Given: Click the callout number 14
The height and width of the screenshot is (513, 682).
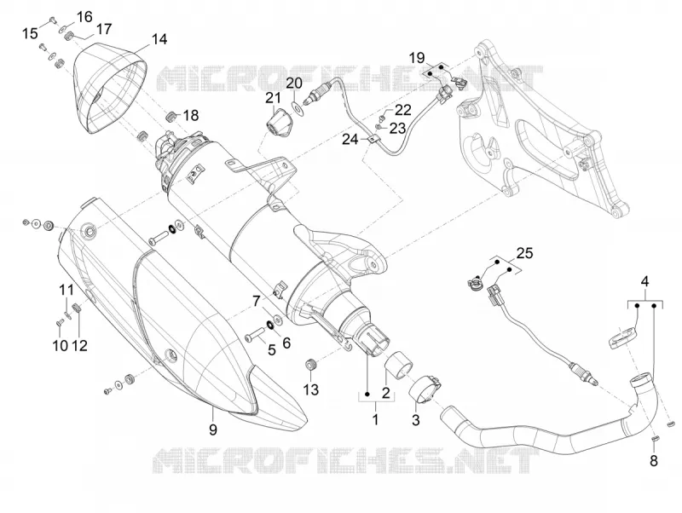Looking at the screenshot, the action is click(159, 39).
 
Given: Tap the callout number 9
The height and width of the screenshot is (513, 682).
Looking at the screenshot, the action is click(212, 429).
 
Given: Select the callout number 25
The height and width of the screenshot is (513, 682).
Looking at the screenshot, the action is click(524, 252).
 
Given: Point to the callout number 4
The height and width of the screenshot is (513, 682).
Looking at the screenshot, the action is click(644, 281).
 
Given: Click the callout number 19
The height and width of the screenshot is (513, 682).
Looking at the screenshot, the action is click(417, 57).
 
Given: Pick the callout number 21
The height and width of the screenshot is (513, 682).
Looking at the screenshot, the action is click(274, 98).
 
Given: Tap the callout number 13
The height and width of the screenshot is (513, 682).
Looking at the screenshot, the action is click(311, 389).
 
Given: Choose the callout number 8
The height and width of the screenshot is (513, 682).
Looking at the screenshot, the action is click(654, 461).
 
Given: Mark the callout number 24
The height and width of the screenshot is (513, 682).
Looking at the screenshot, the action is click(350, 140).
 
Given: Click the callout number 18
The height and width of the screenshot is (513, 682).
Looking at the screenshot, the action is click(190, 116).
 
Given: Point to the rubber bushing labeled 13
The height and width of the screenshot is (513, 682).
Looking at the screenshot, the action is click(311, 365).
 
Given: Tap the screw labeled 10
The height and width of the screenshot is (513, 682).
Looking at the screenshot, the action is click(60, 323).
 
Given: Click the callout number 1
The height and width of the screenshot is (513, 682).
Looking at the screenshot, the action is click(375, 419).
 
